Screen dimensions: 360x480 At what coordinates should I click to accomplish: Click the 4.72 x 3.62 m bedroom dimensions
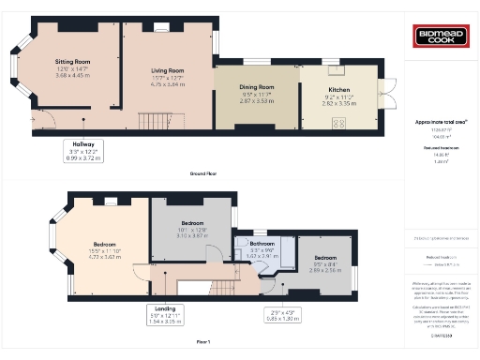point(107,254)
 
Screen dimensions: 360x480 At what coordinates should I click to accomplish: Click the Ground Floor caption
point(204,174)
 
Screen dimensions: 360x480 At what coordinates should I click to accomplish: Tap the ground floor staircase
point(152,122)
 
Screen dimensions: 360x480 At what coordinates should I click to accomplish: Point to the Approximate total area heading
point(441,123)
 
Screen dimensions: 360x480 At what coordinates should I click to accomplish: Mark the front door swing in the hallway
point(44,121)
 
